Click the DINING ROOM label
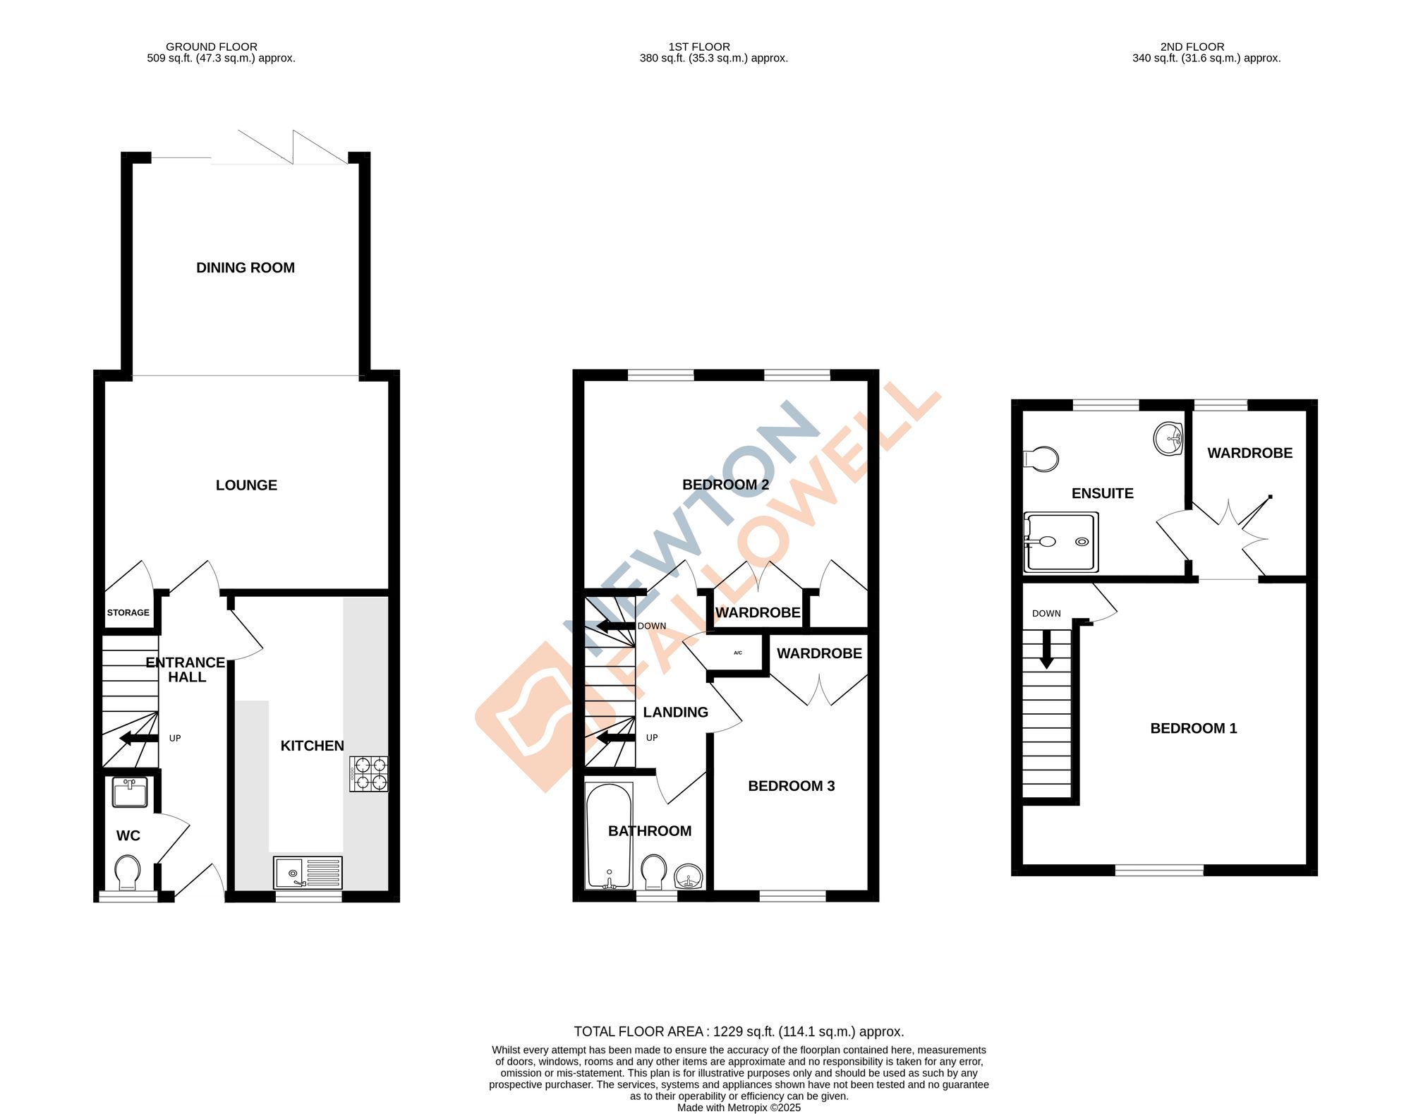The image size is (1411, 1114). click(246, 268)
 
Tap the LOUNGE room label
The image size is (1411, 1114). click(246, 485)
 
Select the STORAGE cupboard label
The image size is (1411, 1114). click(128, 612)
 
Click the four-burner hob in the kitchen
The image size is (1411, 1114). click(369, 774)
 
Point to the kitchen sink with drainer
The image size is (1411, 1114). click(308, 873)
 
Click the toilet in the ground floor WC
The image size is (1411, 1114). click(128, 872)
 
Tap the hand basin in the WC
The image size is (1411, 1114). click(130, 792)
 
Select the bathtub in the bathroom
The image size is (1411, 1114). click(609, 836)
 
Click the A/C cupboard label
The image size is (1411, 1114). click(738, 653)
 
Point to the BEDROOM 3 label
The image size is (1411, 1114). click(791, 786)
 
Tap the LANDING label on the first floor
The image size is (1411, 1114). click(675, 713)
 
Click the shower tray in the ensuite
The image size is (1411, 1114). click(1062, 541)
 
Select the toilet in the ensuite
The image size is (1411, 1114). click(1041, 459)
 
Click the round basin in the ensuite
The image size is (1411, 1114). click(1168, 439)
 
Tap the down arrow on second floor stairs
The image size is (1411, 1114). click(1047, 648)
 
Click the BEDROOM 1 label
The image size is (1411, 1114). click(1194, 728)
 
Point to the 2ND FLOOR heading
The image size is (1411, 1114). click(1192, 47)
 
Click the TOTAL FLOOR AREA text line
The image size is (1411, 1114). click(739, 1031)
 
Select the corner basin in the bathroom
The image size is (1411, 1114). click(689, 878)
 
